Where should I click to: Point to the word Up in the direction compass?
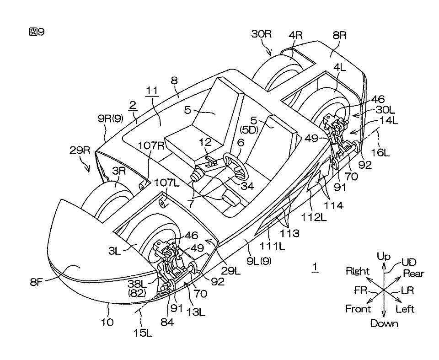tap(384, 256)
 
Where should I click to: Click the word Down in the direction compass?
tap(384, 323)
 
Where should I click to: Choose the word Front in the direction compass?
tap(358, 309)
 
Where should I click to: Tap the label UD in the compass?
tap(408, 262)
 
